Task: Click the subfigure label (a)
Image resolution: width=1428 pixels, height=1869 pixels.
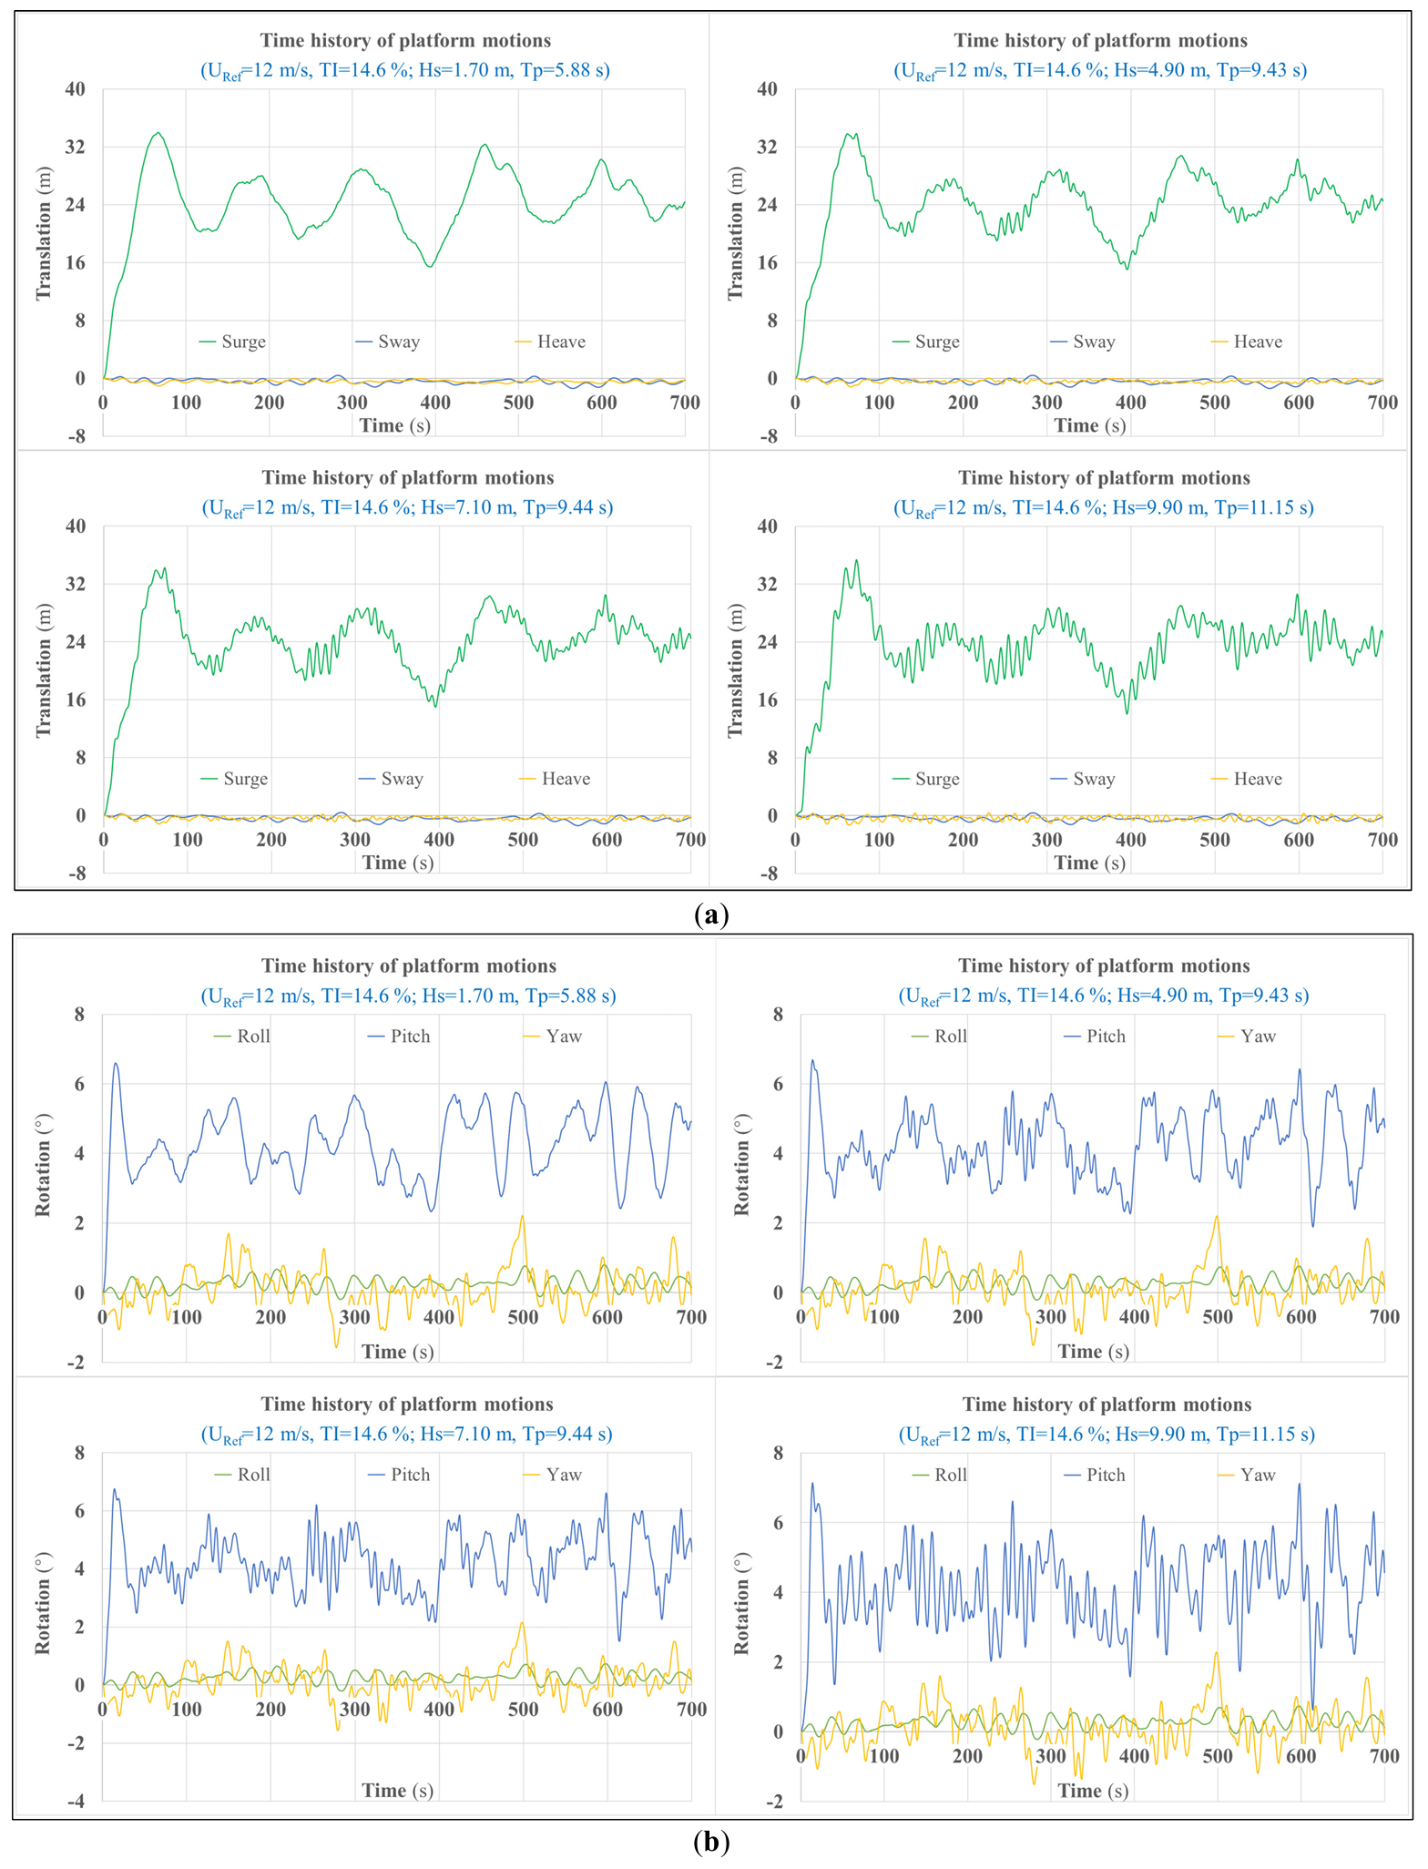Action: click(x=711, y=914)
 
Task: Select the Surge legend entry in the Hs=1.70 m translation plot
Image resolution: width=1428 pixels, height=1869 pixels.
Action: click(x=243, y=342)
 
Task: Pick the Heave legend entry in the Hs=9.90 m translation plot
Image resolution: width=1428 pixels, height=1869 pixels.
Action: click(x=1258, y=779)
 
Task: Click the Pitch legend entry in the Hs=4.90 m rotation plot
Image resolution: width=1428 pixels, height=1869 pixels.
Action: click(x=1106, y=1037)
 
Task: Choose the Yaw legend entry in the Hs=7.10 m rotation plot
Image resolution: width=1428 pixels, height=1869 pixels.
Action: click(x=564, y=1475)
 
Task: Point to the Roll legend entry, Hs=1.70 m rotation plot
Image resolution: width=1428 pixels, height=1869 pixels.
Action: click(x=253, y=1037)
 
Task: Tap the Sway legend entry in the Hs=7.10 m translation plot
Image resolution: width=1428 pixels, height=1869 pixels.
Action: click(x=402, y=779)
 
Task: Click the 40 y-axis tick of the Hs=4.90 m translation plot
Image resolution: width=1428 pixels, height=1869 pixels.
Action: click(x=767, y=89)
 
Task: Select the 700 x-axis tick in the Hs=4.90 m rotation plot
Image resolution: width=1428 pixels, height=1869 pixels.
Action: click(x=1384, y=1316)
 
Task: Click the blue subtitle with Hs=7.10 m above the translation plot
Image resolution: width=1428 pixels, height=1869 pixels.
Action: click(x=407, y=508)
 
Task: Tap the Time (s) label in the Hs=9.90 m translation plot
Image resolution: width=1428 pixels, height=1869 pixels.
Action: click(x=1089, y=863)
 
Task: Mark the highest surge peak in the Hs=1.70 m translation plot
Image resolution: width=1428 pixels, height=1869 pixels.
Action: click(x=158, y=133)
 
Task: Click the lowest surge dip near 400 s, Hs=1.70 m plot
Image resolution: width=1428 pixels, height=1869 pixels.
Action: click(x=429, y=266)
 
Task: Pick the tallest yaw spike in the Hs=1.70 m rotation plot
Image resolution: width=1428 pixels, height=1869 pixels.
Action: click(x=523, y=1216)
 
